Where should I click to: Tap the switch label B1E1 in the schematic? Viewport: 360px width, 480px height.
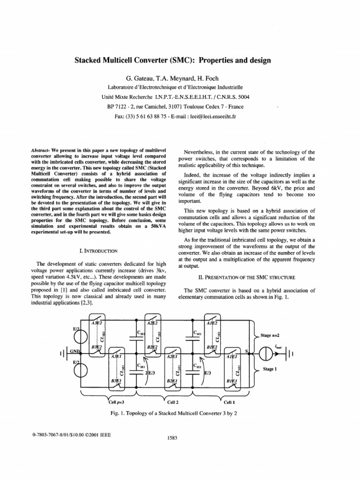click(232, 382)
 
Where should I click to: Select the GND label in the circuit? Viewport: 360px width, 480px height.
click(75, 351)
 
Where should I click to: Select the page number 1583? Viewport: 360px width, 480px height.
click(174, 438)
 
